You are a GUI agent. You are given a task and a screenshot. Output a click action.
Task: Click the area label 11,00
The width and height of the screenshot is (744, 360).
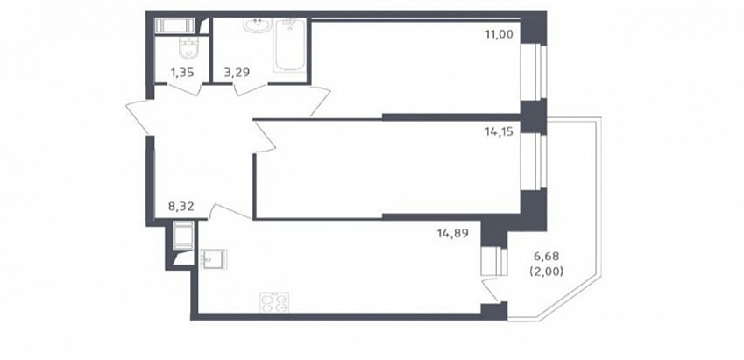point(499,34)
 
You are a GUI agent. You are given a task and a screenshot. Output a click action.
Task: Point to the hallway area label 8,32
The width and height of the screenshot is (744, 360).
point(182,207)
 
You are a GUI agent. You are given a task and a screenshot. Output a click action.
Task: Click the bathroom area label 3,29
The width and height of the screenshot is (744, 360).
point(237,73)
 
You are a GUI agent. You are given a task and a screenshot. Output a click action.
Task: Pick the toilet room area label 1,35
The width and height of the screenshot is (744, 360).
point(182,73)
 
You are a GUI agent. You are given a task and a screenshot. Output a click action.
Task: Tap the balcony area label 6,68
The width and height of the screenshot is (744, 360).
point(547,257)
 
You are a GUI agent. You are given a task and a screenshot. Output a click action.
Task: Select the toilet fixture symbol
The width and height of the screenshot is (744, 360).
point(188,49)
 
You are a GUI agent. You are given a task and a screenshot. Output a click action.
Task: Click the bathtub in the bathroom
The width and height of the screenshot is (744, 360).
point(288,45)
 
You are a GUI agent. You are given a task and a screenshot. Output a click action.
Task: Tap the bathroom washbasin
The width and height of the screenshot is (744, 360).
point(258,25)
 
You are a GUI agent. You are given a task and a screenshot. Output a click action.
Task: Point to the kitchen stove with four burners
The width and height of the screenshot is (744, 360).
point(275,302)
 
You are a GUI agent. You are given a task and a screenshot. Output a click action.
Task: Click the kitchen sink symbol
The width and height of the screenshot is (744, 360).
point(214,259)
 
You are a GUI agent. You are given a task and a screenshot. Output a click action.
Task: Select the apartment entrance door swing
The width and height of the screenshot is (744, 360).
point(138,116)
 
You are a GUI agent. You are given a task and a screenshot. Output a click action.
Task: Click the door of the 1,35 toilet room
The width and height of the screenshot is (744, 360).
point(182,89)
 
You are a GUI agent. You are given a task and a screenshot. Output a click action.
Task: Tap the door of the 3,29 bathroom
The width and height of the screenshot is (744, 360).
point(252,89)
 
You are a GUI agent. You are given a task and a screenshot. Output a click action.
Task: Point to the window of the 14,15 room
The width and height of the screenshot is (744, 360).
point(534,161)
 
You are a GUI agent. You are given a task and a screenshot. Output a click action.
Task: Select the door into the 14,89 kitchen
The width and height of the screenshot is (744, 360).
point(230,212)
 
